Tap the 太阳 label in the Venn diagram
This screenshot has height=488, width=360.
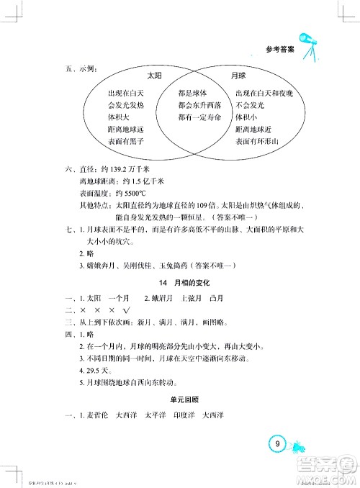154,75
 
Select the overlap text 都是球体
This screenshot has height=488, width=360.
192,93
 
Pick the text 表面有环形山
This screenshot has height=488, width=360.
261,142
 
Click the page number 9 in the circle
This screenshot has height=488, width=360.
276,444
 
